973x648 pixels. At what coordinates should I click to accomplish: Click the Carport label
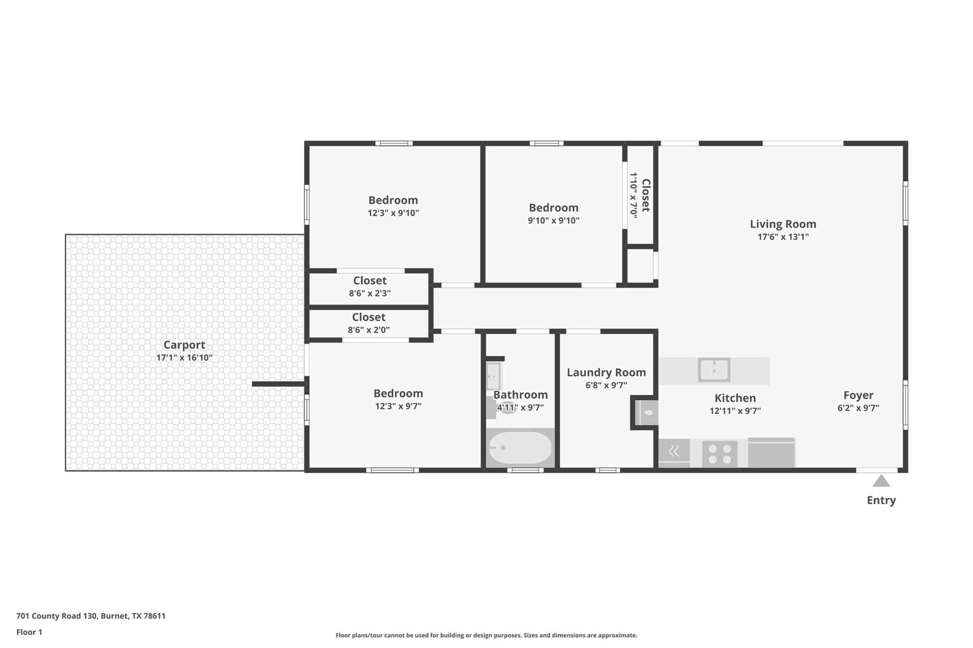tap(184, 345)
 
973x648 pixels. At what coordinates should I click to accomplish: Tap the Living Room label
tap(783, 224)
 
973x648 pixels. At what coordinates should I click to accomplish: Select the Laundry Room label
tap(606, 373)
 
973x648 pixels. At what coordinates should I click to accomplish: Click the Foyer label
tap(859, 395)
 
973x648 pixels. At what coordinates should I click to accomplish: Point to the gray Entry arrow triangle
tap(881, 481)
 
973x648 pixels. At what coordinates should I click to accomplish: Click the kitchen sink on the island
tap(714, 370)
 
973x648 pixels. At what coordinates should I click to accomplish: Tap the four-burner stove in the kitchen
tap(720, 454)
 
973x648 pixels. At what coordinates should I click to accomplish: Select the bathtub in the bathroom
tap(520, 448)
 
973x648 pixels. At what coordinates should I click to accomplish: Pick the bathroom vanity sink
tap(493, 376)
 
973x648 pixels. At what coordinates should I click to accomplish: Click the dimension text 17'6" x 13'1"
tap(783, 237)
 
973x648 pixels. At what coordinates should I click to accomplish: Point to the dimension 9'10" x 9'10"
tap(553, 221)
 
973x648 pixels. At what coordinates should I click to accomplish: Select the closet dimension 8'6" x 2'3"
tap(370, 293)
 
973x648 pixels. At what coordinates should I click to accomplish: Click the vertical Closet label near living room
tap(646, 195)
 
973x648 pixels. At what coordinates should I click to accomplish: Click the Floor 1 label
tap(29, 632)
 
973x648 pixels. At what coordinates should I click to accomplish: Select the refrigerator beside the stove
tap(772, 452)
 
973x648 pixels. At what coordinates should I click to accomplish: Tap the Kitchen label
tap(735, 398)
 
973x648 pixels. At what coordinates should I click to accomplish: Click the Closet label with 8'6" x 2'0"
tap(369, 317)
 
